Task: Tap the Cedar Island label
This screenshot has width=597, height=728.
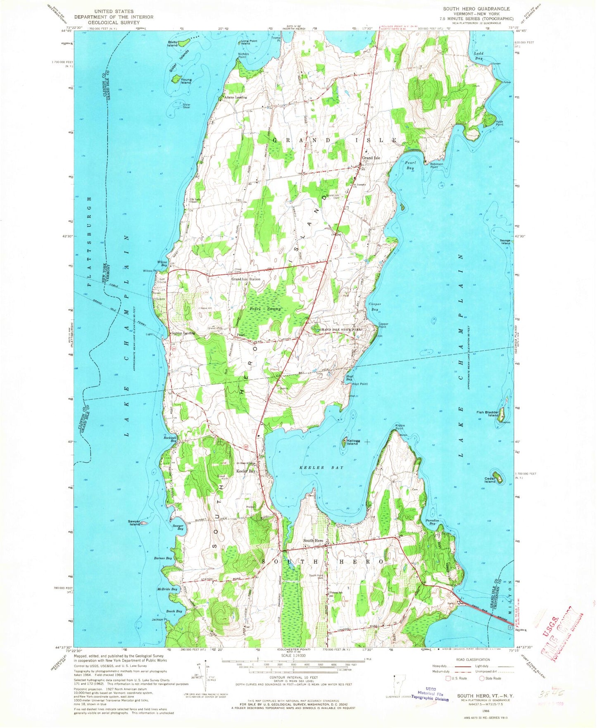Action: tap(490, 480)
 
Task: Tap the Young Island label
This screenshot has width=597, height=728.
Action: tap(186, 81)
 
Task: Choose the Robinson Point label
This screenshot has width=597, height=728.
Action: tap(436, 165)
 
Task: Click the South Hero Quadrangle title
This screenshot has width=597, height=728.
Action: tap(476, 9)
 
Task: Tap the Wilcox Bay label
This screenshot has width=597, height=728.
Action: tap(162, 263)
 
